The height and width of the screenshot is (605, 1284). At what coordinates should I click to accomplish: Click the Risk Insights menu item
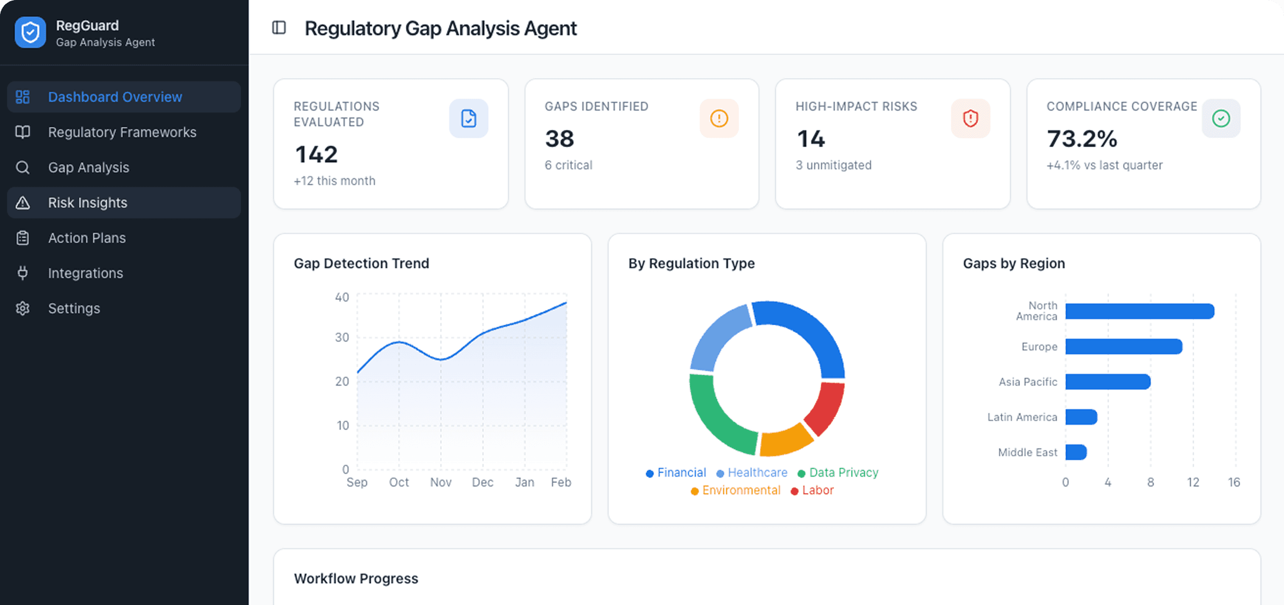click(x=87, y=203)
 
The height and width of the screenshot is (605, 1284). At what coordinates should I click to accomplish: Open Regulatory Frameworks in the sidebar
click(x=122, y=132)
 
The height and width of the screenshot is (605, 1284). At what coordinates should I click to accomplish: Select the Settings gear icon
click(x=23, y=308)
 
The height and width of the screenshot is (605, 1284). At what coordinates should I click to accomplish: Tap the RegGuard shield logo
click(x=30, y=33)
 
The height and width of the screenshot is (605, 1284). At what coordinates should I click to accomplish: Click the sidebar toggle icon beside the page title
click(x=279, y=27)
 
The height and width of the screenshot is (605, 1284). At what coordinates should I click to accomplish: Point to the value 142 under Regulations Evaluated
click(x=316, y=154)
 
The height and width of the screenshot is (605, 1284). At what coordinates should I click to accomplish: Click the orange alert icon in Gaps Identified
click(x=719, y=119)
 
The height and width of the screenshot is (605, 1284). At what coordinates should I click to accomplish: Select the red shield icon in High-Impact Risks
click(x=970, y=119)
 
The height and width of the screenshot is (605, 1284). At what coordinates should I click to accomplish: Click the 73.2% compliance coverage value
click(x=1082, y=139)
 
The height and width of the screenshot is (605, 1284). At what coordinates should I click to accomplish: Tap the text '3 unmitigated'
click(x=833, y=165)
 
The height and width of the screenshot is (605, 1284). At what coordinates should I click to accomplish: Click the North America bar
click(x=1139, y=311)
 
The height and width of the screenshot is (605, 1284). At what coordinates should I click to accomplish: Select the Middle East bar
click(x=1075, y=452)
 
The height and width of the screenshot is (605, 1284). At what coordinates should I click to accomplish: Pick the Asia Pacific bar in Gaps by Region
click(x=1107, y=382)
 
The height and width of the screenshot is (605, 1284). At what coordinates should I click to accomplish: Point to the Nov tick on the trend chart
click(x=441, y=482)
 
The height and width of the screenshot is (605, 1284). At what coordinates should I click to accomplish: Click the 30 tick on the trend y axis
click(x=342, y=338)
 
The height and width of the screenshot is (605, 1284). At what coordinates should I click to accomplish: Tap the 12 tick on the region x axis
click(x=1193, y=482)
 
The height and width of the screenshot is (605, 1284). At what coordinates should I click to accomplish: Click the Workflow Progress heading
click(x=356, y=579)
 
